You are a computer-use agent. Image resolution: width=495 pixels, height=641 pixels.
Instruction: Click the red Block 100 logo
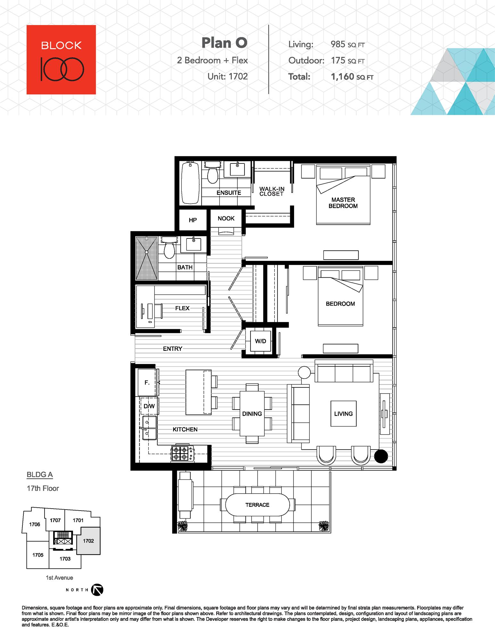pyautogui.click(x=61, y=60)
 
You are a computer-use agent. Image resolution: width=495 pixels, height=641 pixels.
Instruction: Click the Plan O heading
pyautogui.click(x=224, y=43)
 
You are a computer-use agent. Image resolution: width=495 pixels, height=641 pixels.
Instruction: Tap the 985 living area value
pyautogui.click(x=338, y=44)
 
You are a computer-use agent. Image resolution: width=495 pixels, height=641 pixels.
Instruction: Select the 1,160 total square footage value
pyautogui.click(x=342, y=77)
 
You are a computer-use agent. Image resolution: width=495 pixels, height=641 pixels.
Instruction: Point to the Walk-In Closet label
pyautogui.click(x=272, y=191)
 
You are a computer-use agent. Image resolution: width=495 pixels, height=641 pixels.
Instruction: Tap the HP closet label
pyautogui.click(x=193, y=220)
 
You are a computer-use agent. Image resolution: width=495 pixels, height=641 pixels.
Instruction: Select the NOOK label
pyautogui.click(x=226, y=218)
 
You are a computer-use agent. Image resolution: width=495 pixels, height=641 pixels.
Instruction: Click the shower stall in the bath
pyautogui.click(x=146, y=258)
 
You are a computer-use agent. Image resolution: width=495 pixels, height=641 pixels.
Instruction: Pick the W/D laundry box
pyautogui.click(x=260, y=341)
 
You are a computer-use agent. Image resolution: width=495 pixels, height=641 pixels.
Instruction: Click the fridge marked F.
pyautogui.click(x=147, y=382)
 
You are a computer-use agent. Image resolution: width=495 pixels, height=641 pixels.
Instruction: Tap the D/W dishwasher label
pyautogui.click(x=149, y=406)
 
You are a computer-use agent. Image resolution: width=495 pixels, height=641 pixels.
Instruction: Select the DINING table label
pyautogui.click(x=252, y=414)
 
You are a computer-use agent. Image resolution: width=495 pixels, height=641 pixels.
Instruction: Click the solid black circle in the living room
pyautogui.click(x=381, y=456)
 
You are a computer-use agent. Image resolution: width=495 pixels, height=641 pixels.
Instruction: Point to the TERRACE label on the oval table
pyautogui.click(x=257, y=505)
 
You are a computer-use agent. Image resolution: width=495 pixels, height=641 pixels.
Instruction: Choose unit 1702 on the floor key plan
pyautogui.click(x=88, y=541)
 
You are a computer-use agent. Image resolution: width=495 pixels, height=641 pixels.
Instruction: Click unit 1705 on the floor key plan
pyautogui.click(x=38, y=555)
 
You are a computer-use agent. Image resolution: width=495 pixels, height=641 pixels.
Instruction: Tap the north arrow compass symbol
pyautogui.click(x=97, y=590)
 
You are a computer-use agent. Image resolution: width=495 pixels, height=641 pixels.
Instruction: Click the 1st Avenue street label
pyautogui.click(x=59, y=578)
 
